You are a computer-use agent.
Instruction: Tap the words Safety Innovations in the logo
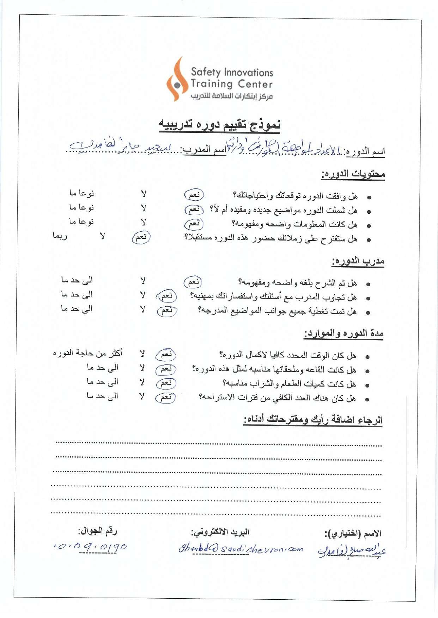(232, 72)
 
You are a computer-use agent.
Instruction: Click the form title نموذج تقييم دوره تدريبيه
(219, 124)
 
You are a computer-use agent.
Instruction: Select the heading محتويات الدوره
(353, 174)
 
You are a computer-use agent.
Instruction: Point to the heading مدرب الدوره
(358, 261)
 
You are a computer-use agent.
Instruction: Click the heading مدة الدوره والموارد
(344, 333)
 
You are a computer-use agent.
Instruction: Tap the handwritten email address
(241, 549)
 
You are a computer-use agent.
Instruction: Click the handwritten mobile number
(90, 547)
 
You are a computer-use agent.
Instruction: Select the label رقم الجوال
(97, 531)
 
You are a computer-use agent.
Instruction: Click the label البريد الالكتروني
(220, 532)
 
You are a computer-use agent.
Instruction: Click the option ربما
(60, 236)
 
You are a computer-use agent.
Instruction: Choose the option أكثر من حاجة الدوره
(87, 353)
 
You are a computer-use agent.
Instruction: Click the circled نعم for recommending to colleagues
(141, 237)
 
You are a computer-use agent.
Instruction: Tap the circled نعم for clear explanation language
(193, 282)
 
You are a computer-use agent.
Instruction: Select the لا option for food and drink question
(142, 382)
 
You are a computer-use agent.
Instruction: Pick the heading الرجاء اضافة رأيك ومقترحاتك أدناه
(313, 420)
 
